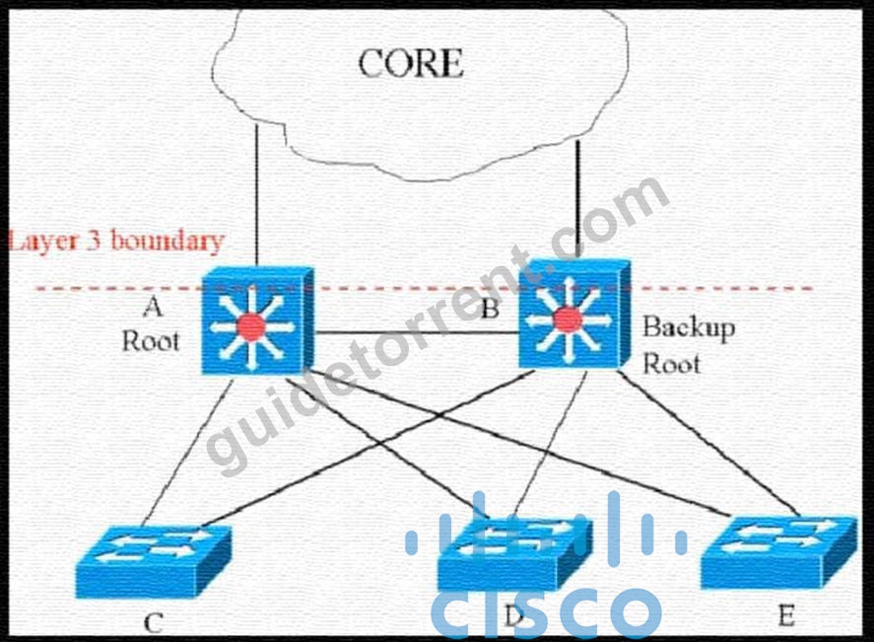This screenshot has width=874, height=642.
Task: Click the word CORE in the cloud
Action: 410,63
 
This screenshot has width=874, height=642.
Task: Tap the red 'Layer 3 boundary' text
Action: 116,241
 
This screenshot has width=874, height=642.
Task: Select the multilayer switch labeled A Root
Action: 257,321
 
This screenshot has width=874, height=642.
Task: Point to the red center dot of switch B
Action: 567,320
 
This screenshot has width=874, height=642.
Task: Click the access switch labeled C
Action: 154,560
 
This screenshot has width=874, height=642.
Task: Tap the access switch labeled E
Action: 779,551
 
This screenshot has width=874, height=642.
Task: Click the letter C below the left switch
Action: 154,622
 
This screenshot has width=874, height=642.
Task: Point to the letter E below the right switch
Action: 786,616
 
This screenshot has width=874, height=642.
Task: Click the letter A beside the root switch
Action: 153,307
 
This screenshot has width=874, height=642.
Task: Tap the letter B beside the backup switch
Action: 490,309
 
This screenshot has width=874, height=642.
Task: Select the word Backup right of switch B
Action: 689,328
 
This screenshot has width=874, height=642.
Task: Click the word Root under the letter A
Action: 151,341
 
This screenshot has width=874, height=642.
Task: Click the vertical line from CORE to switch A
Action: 256,195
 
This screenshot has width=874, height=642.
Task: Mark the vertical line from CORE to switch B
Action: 578,199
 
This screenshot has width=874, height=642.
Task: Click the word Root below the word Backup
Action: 672,364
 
